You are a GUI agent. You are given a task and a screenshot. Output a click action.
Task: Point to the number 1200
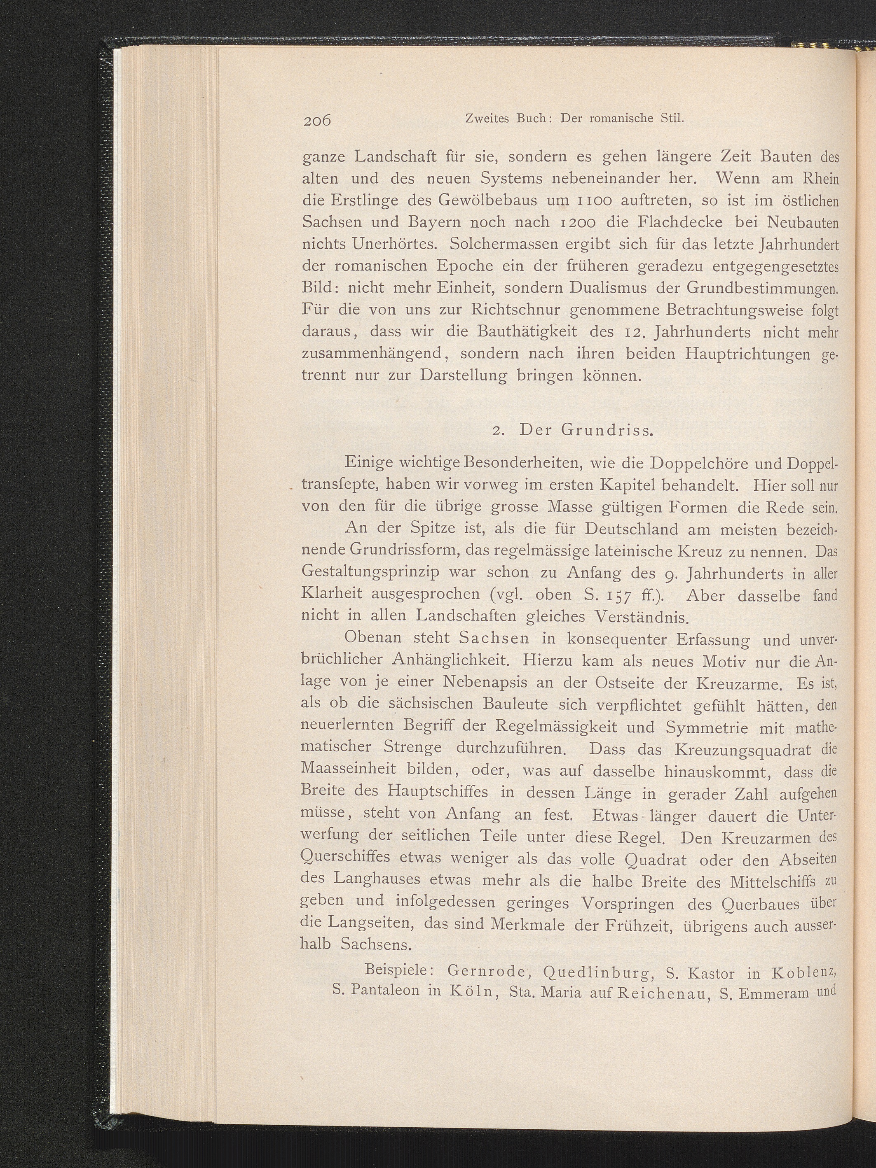tap(567, 223)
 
